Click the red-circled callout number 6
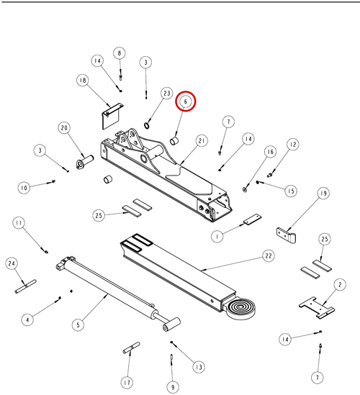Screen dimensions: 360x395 [x=186, y=101]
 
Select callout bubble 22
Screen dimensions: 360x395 [x=269, y=255]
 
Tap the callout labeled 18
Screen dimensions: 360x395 [x=83, y=81]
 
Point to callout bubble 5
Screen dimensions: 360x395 [x=78, y=324]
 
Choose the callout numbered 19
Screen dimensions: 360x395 [x=323, y=194]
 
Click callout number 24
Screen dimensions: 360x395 [x=12, y=263]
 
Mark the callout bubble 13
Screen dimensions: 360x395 [x=199, y=367]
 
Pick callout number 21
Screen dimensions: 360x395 [x=202, y=141]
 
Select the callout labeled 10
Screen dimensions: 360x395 [x=24, y=188]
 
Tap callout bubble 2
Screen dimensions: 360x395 [x=340, y=285]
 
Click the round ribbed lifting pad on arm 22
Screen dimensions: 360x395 [x=241, y=309]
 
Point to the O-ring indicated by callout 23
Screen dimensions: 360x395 [x=147, y=125]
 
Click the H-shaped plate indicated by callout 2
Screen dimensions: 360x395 [x=316, y=307]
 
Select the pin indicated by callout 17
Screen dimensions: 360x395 [x=131, y=348]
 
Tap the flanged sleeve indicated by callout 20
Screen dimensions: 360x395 [x=84, y=162]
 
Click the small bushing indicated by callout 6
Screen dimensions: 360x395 [x=174, y=141]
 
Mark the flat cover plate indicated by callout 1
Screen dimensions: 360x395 [x=252, y=219]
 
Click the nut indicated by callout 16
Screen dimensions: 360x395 [x=245, y=189]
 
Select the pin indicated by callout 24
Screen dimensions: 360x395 [x=25, y=286]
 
